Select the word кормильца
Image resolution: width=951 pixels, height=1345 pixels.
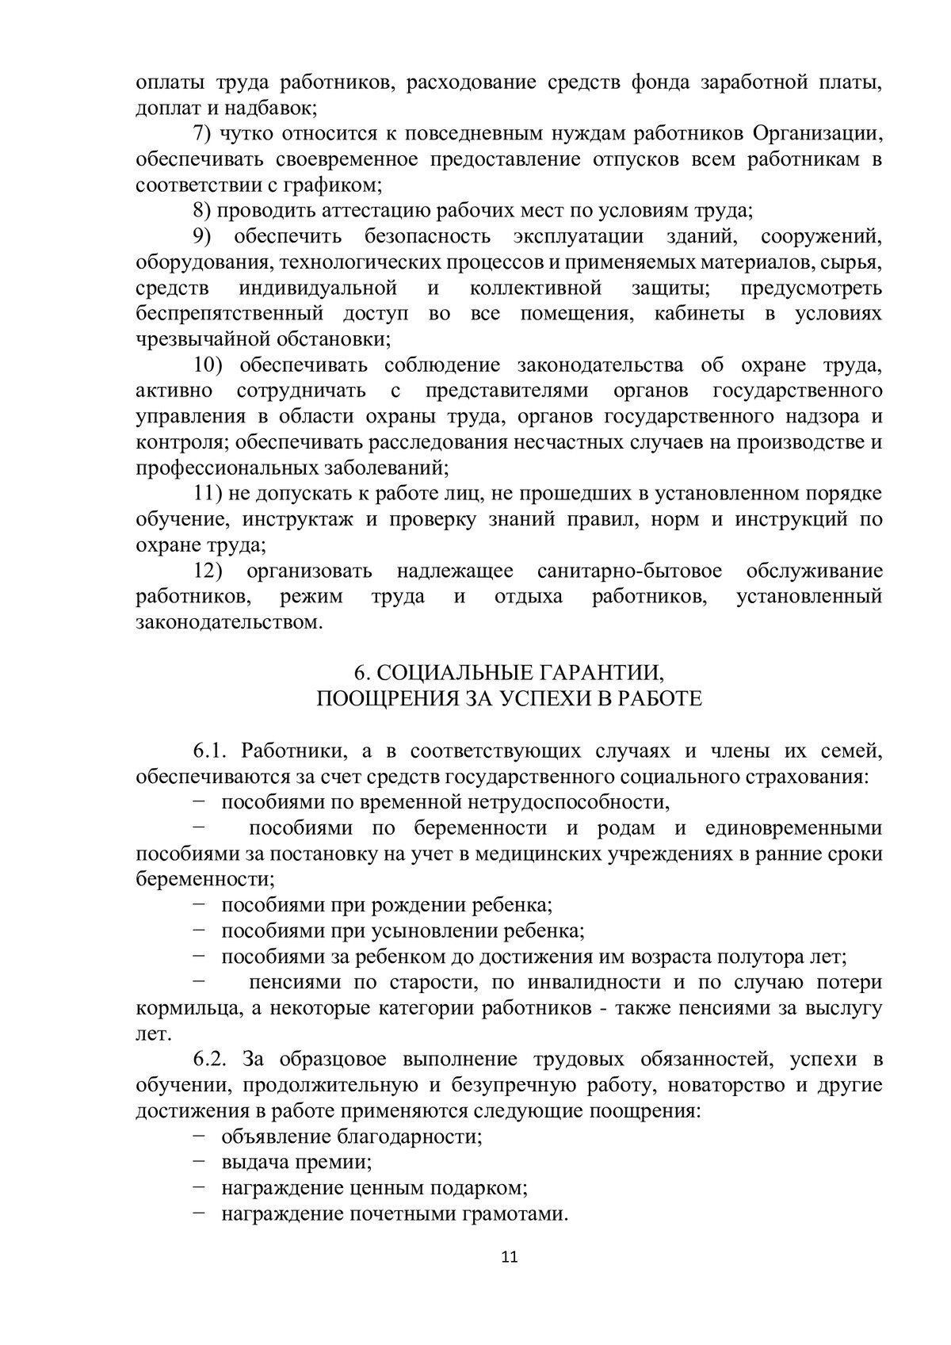click(180, 1008)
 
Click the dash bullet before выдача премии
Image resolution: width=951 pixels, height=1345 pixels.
click(198, 1162)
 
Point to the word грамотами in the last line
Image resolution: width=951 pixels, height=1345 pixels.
click(521, 1213)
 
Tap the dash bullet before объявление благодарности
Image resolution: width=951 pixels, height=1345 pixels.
click(198, 1137)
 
